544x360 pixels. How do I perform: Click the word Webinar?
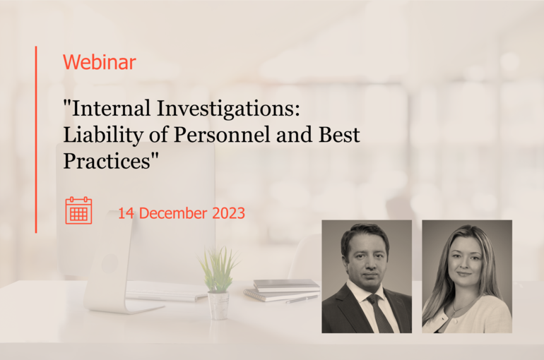(x=99, y=62)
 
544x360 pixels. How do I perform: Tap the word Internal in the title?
(x=109, y=108)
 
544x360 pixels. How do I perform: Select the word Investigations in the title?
(x=228, y=110)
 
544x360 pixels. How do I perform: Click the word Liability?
(x=103, y=136)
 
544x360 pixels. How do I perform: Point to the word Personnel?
(x=222, y=135)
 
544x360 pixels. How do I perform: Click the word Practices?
(x=107, y=161)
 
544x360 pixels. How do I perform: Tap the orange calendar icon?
(x=78, y=210)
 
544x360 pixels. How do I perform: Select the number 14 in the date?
(x=126, y=213)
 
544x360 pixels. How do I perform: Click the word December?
(x=173, y=213)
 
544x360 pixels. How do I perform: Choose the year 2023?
(x=229, y=213)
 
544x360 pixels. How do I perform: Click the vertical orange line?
(x=36, y=139)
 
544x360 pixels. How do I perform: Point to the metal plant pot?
(x=218, y=306)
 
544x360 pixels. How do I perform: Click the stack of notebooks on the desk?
(x=281, y=290)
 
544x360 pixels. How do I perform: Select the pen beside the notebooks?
(x=302, y=299)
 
